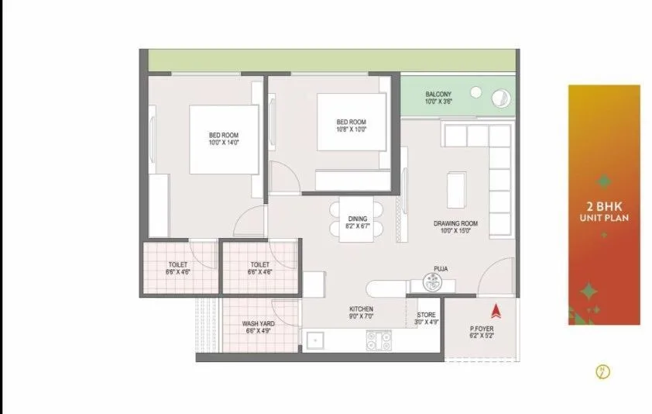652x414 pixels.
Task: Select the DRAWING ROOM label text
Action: pyautogui.click(x=455, y=224)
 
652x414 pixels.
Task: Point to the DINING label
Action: pyautogui.click(x=358, y=219)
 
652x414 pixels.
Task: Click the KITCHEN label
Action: pyautogui.click(x=362, y=309)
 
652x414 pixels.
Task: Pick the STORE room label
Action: pyautogui.click(x=426, y=314)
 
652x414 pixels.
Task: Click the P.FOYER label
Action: pyautogui.click(x=481, y=329)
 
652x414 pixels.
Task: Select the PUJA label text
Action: pyautogui.click(x=441, y=268)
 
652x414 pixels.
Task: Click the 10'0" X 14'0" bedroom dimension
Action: pyautogui.click(x=224, y=142)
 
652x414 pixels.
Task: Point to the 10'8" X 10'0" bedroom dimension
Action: pyautogui.click(x=351, y=130)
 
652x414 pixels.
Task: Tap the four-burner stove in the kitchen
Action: pyautogui.click(x=378, y=340)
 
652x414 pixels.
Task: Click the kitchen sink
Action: pyautogui.click(x=315, y=341)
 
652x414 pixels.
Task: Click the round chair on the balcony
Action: pyautogui.click(x=500, y=98)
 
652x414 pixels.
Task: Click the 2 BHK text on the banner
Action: pyautogui.click(x=604, y=207)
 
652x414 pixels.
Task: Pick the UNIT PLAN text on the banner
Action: pyautogui.click(x=604, y=219)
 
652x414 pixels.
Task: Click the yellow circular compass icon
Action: pyautogui.click(x=602, y=372)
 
